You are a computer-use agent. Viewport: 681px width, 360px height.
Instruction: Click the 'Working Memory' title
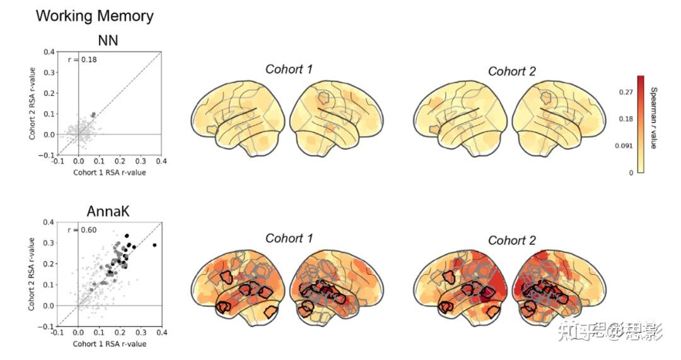[95, 16]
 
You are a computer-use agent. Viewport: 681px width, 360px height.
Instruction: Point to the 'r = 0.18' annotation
[83, 59]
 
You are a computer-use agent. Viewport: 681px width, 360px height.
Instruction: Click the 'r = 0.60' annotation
[83, 229]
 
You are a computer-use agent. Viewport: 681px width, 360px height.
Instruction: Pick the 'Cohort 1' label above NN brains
[289, 69]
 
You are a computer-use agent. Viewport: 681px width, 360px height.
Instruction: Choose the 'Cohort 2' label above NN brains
[511, 71]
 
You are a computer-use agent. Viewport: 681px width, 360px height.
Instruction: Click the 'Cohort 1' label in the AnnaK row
[289, 238]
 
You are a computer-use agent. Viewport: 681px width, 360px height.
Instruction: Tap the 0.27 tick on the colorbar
[626, 92]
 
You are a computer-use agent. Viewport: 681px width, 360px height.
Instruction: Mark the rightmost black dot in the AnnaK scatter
[154, 245]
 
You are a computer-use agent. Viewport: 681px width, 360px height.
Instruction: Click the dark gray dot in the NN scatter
[93, 115]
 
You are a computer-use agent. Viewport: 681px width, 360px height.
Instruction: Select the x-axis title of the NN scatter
[109, 172]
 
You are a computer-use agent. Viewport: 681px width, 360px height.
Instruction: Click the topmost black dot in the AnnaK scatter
[127, 235]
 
